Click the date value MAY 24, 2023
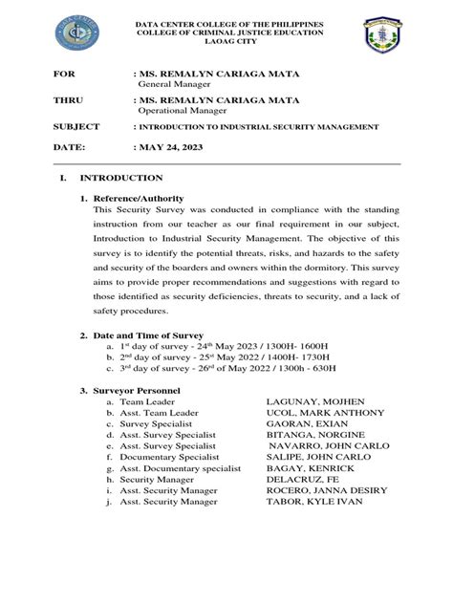pos(163,148)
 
